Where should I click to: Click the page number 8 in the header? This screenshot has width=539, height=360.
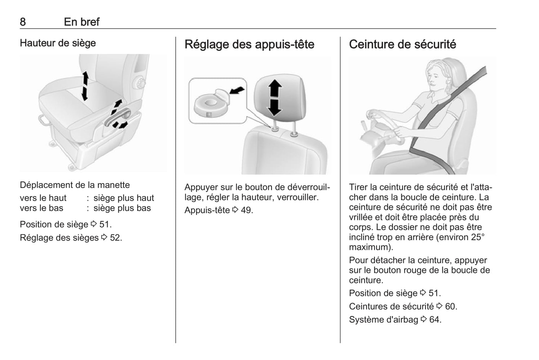(23, 22)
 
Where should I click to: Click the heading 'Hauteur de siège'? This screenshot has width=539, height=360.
(58, 43)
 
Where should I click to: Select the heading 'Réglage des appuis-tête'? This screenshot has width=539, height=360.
(249, 44)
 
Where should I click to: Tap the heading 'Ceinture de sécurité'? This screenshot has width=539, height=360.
(402, 44)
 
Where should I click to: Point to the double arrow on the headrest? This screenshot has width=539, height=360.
(275, 98)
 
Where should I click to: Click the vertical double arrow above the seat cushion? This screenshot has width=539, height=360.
(85, 86)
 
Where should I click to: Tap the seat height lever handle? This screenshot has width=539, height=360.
(117, 118)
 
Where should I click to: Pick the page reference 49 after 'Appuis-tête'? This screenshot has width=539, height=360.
(247, 210)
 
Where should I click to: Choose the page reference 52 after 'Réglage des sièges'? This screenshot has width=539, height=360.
(116, 238)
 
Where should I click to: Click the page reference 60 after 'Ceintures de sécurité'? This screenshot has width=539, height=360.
(451, 306)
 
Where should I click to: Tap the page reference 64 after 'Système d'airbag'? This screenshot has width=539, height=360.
(435, 320)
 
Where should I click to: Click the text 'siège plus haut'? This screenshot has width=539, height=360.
(124, 198)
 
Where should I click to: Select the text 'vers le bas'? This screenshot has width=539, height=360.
(41, 208)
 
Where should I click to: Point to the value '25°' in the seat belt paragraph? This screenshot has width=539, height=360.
(478, 237)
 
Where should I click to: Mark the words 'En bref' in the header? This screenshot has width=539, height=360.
(82, 22)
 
